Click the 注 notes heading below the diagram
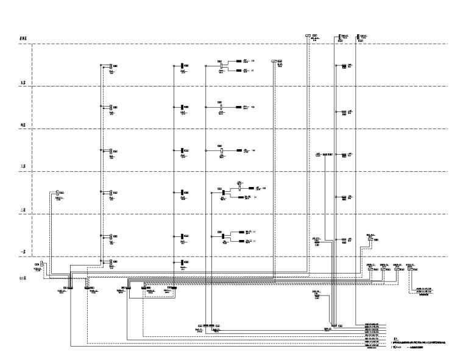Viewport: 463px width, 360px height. (x=396, y=338)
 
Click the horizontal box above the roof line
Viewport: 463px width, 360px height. (x=308, y=36)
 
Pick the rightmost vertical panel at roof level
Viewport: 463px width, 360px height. (x=357, y=37)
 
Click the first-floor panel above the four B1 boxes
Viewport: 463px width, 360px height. (x=370, y=240)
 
